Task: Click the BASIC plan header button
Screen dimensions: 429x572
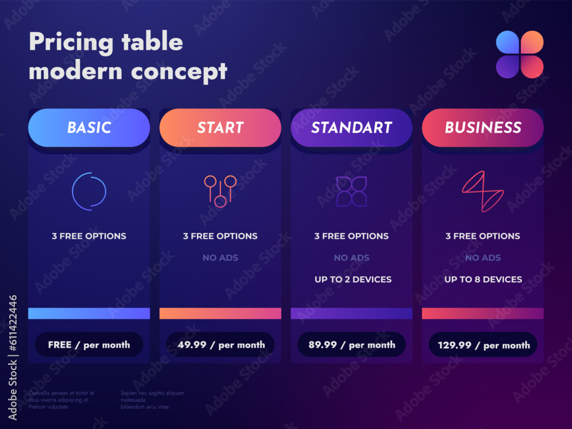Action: point(89,128)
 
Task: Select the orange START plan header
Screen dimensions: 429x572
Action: point(220,128)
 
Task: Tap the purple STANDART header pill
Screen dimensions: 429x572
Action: point(351,128)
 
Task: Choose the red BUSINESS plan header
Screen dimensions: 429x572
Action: point(483,128)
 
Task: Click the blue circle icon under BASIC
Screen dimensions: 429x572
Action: point(89,191)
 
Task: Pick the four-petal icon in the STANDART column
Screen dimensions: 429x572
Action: point(351,191)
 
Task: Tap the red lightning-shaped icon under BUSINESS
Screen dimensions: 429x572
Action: point(483,192)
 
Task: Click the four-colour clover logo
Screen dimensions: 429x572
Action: point(519,54)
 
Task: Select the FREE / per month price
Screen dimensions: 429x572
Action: point(89,345)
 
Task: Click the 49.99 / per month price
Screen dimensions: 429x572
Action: point(220,345)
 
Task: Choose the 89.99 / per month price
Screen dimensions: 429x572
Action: point(351,345)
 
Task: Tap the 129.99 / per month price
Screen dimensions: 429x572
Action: point(483,345)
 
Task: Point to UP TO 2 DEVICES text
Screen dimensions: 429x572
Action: point(352,280)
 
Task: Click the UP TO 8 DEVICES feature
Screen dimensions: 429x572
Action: point(483,280)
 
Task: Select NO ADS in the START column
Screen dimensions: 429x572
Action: point(220,258)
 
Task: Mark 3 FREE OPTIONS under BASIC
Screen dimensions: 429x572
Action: point(89,236)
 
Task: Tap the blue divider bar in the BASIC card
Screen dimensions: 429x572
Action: point(89,313)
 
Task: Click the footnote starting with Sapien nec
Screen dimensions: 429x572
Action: point(152,400)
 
